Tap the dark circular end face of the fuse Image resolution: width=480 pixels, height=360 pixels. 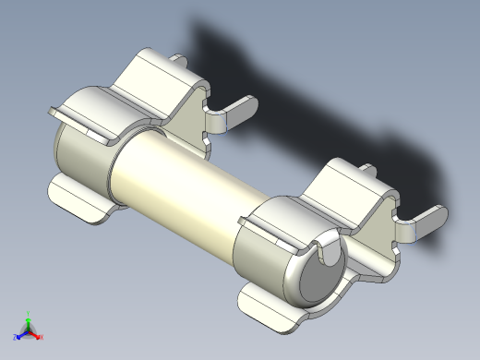click(318, 282)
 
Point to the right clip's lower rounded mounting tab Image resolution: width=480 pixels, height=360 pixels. click(272, 309)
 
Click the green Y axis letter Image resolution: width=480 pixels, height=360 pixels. click(28, 314)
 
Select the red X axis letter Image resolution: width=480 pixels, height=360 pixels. click(42, 337)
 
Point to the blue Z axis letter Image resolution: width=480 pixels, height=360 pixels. click(15, 337)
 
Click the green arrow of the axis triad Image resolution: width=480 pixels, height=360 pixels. click(28, 323)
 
